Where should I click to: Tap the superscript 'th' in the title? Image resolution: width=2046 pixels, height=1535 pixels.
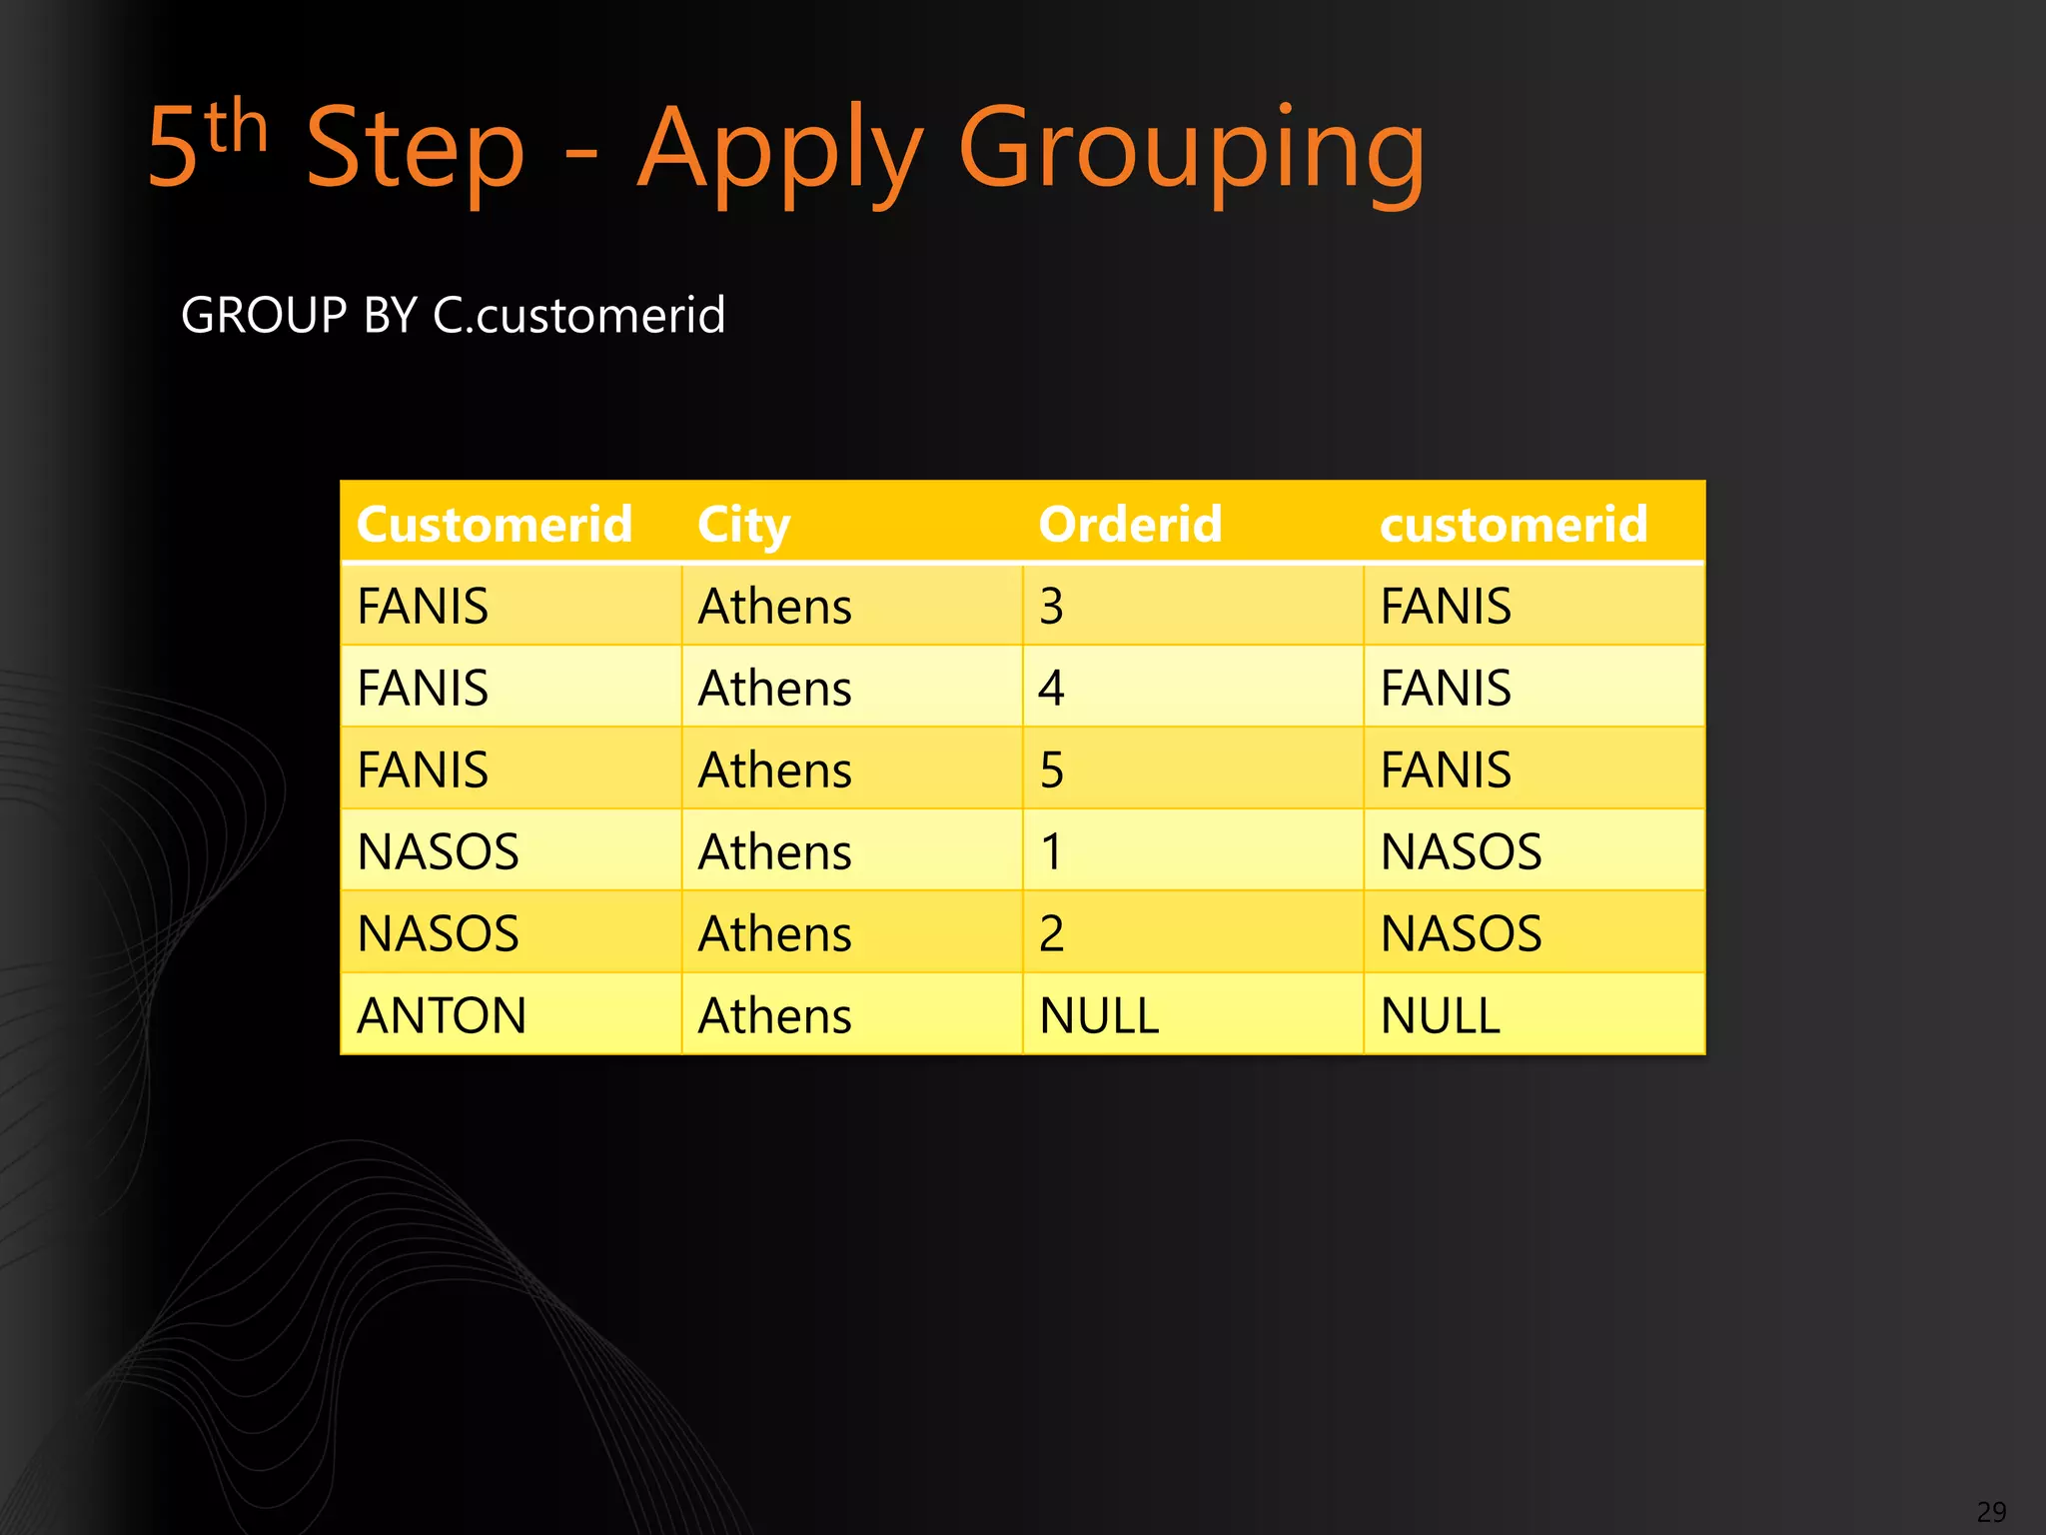pos(238,128)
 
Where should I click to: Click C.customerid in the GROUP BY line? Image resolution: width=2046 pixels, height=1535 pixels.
pos(578,316)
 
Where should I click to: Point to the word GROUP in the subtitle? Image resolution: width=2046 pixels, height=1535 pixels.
pos(264,316)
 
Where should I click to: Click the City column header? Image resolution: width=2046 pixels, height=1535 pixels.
pos(743,525)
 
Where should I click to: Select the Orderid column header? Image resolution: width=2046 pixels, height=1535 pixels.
pos(1130,525)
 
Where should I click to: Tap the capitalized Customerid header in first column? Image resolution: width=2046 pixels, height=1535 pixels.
pos(495,525)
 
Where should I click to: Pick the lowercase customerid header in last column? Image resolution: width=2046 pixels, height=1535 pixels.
pos(1513,525)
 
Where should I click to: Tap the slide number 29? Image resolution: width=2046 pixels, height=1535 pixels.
pos(1991,1512)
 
